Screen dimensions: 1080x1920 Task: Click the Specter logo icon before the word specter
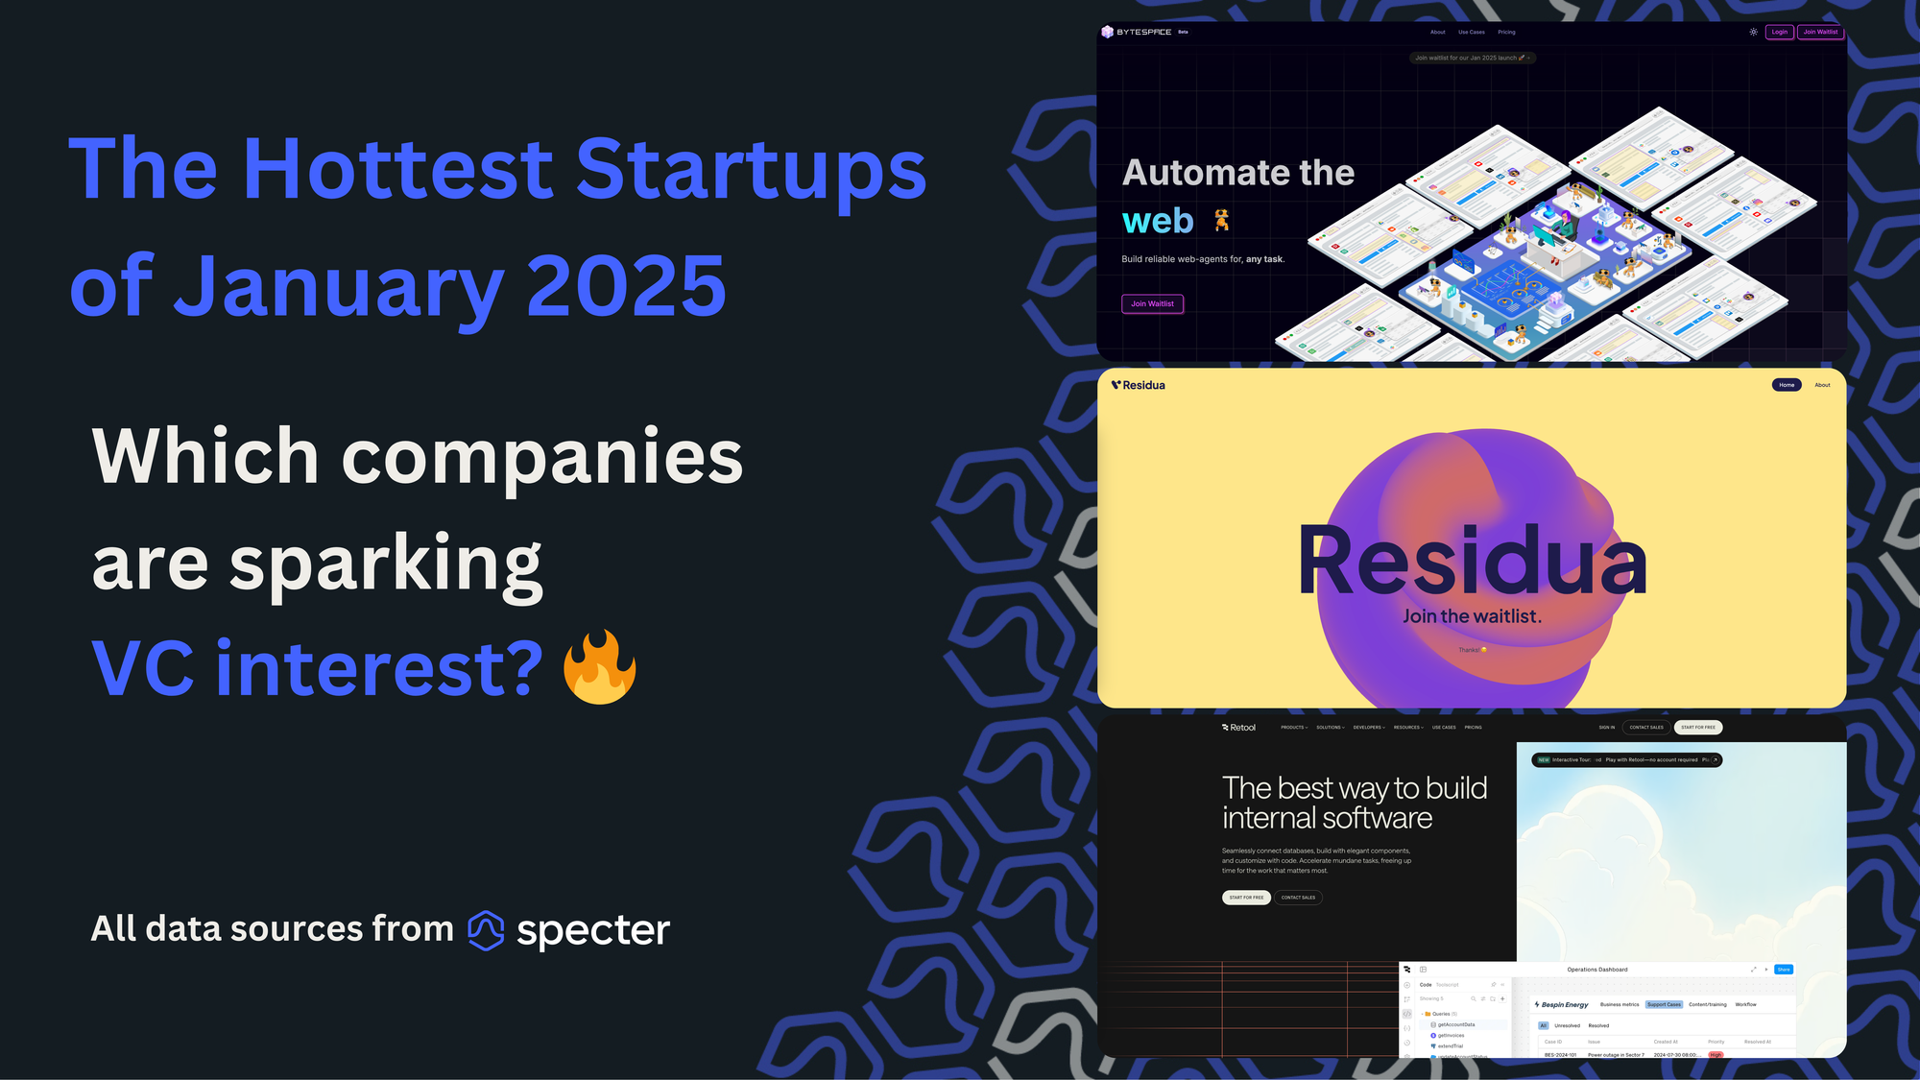[486, 929]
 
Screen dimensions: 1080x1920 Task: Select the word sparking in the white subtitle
[385, 565]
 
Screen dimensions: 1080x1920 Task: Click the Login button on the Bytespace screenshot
[1779, 32]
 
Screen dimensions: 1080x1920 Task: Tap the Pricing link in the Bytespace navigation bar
[1506, 32]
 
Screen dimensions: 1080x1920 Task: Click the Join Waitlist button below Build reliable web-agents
[1152, 303]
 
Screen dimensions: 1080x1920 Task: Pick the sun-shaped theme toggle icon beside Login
[1753, 32]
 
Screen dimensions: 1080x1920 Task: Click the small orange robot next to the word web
[1221, 221]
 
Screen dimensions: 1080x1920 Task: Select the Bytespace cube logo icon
[1107, 32]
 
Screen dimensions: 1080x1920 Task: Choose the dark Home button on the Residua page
[1786, 385]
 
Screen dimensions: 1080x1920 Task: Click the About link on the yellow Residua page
[1822, 385]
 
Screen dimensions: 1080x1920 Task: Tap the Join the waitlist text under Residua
[1472, 616]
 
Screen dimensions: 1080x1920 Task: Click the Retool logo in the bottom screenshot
[1238, 728]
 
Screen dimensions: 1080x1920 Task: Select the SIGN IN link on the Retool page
[1606, 728]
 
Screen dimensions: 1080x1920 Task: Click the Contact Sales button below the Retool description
[1298, 898]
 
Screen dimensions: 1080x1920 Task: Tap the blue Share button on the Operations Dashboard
[1783, 970]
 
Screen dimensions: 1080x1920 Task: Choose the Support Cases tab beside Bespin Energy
[1664, 1004]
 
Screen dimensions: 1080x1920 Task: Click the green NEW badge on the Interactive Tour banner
[1544, 759]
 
